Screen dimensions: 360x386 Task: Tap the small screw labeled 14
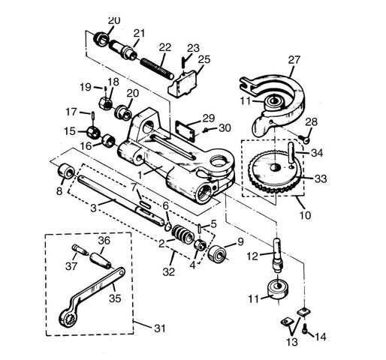click(x=305, y=326)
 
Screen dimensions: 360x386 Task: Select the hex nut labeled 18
click(x=106, y=96)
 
